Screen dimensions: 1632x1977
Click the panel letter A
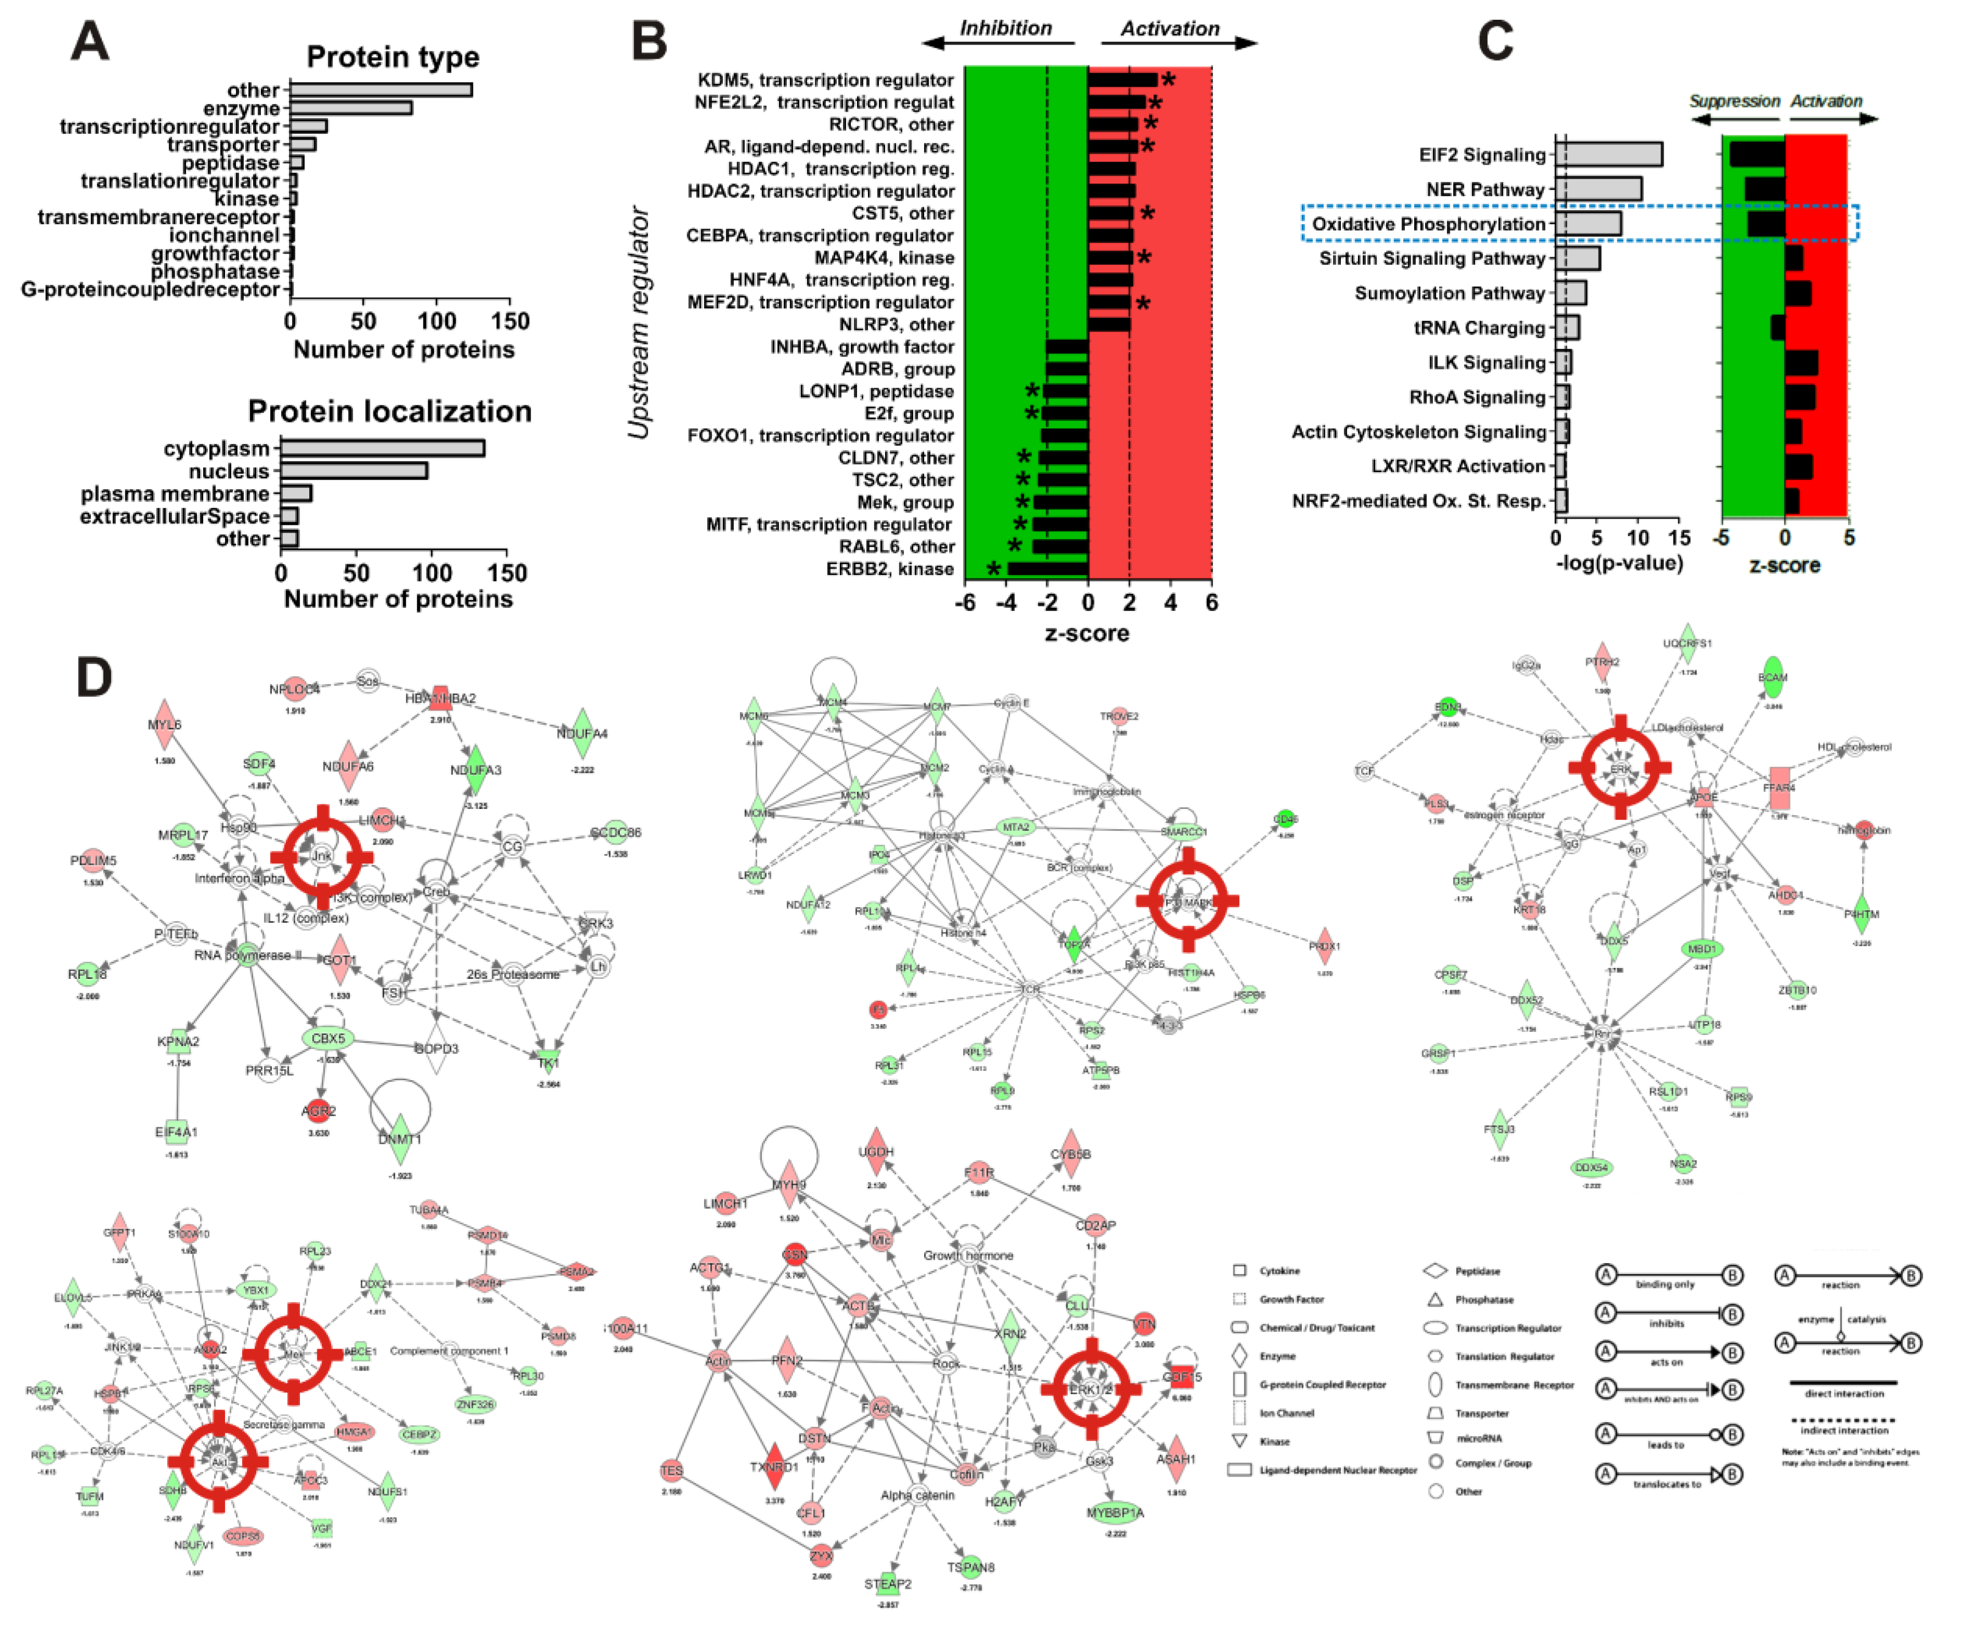(x=90, y=42)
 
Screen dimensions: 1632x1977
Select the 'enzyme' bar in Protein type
(x=350, y=108)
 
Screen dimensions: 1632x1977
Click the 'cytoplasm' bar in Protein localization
(x=381, y=448)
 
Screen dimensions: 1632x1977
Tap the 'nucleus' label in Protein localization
(x=229, y=471)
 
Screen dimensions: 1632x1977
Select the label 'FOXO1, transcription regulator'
(x=820, y=435)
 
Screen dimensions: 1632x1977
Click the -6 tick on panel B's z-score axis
(x=966, y=603)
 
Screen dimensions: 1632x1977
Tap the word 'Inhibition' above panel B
(x=1005, y=28)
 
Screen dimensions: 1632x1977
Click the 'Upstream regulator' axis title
(x=639, y=323)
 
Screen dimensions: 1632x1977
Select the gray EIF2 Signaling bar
(x=1607, y=154)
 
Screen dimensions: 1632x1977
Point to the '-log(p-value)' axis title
(x=1619, y=563)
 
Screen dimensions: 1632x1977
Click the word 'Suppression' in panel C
(x=1734, y=101)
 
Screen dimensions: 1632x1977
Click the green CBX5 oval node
(x=328, y=1039)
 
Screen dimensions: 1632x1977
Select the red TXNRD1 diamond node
(x=774, y=1467)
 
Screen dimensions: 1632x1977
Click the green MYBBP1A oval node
(x=1115, y=1512)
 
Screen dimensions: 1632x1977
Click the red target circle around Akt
(x=219, y=1462)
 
